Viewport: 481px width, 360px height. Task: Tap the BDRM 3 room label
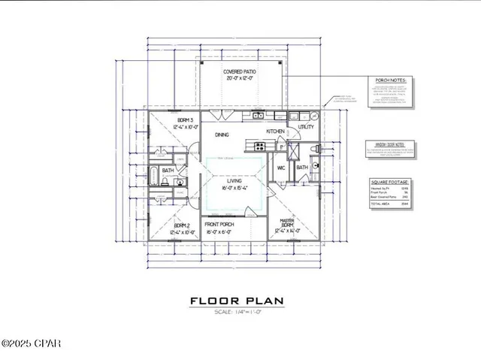[x=186, y=121]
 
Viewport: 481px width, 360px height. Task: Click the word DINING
[x=222, y=135]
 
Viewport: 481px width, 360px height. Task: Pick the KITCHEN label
[x=274, y=131]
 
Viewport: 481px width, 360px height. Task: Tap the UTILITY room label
[x=306, y=129]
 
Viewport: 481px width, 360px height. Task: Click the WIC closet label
[x=280, y=168]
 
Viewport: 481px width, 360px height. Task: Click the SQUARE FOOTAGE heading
[x=389, y=182]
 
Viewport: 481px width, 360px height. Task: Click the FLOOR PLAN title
[x=235, y=301]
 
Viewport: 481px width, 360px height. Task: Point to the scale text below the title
[x=235, y=312]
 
